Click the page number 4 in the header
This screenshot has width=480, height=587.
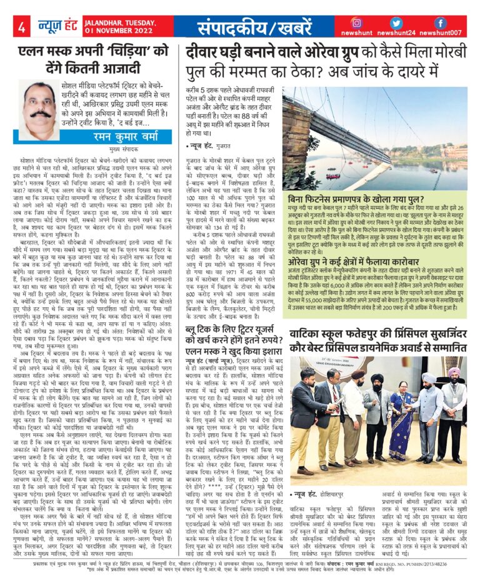coord(21,27)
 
